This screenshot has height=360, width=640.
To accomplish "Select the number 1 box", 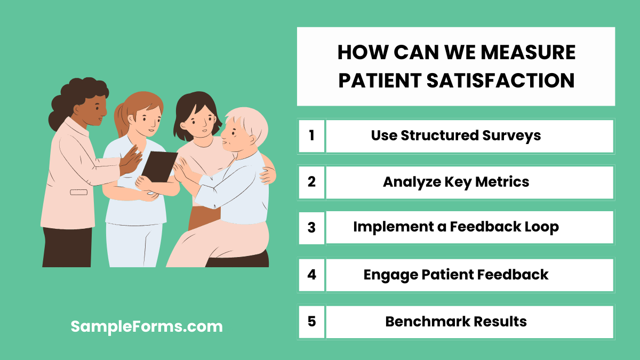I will tap(311, 135).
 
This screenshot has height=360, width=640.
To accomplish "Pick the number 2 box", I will tap(311, 182).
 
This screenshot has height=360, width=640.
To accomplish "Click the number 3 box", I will tap(311, 228).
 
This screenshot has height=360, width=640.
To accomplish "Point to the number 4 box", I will tap(311, 275).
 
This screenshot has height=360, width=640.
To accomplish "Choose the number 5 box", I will tap(311, 322).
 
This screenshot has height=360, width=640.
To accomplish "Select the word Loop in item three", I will tap(540, 227).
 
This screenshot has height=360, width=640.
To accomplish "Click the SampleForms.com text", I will tap(147, 326).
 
